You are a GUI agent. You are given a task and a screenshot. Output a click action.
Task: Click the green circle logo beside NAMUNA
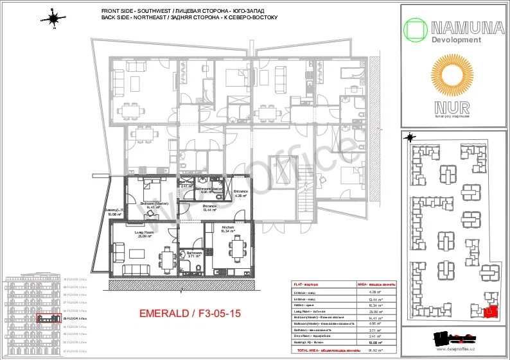(x=415, y=30)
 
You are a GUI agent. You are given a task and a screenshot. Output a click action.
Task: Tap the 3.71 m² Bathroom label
(x=195, y=254)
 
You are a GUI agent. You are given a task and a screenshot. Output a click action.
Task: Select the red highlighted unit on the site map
(x=491, y=312)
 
